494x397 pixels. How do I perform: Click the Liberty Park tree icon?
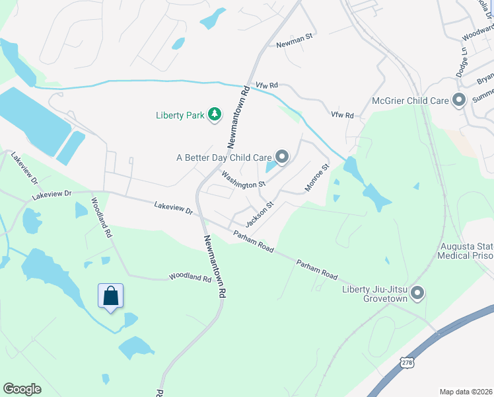[215, 114]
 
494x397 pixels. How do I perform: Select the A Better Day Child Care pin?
[282, 157]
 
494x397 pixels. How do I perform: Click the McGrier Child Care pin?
[459, 101]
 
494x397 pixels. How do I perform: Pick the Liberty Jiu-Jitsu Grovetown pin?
[417, 292]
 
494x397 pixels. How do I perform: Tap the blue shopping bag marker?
[111, 296]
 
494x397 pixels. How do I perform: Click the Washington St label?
[243, 179]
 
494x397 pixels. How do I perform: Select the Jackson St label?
[259, 213]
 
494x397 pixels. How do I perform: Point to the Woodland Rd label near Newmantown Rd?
[190, 277]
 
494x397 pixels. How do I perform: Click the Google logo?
[22, 389]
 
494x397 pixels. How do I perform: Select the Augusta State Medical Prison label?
[466, 251]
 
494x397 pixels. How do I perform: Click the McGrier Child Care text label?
[410, 101]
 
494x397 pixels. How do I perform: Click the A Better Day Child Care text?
[224, 157]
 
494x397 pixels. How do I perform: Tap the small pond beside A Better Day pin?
[271, 168]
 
